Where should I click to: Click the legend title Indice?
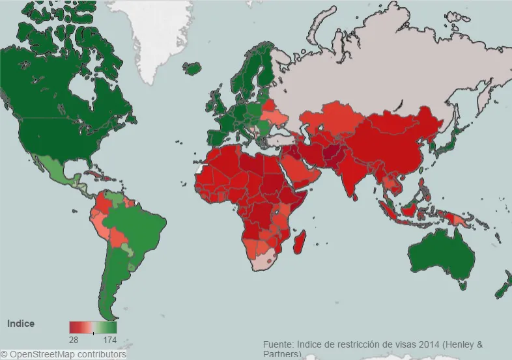click(20, 324)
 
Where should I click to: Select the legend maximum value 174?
click(110, 339)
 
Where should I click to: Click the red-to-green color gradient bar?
click(92, 327)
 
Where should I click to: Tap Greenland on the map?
click(163, 39)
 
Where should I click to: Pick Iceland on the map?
click(192, 67)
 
